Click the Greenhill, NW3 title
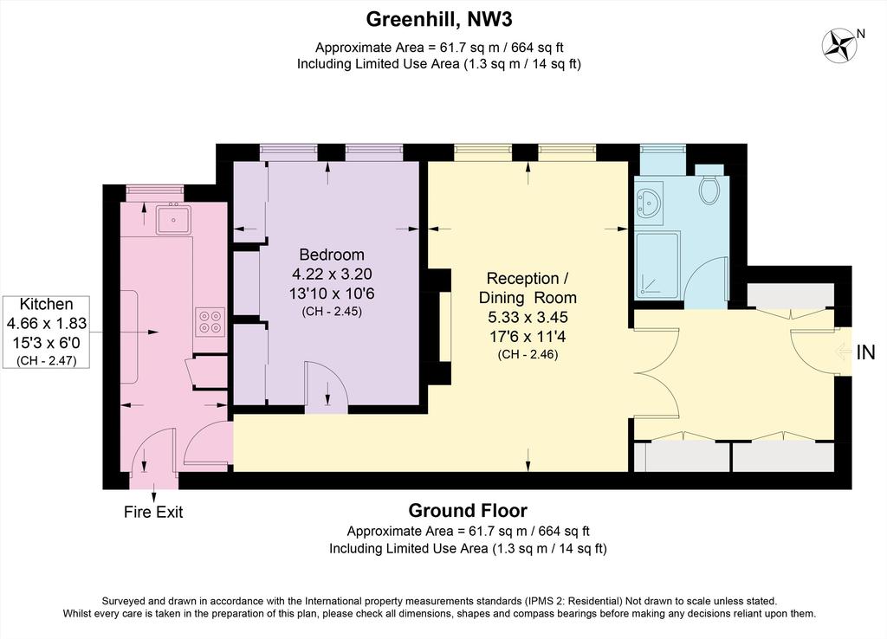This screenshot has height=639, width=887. coord(439,20)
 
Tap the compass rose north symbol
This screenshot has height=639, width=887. coord(840,45)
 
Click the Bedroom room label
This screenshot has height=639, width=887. coord(332,255)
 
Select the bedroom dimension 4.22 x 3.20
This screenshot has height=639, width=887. coord(332,274)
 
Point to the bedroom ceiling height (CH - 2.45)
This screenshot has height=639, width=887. coord(332,312)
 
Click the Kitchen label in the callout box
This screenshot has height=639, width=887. coord(47,304)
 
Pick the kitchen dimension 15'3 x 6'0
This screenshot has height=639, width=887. coord(47,343)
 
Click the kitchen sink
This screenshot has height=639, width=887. coord(173,219)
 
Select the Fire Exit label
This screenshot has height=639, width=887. coord(153,513)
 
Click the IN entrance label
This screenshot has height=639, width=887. coord(865,353)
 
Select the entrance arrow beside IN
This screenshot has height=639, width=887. coord(843,353)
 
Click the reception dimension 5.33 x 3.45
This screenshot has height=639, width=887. coord(528,317)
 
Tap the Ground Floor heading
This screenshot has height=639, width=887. coord(468,511)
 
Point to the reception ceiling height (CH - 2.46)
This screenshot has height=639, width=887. coord(528,355)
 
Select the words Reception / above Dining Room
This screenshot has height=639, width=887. coord(528,279)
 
